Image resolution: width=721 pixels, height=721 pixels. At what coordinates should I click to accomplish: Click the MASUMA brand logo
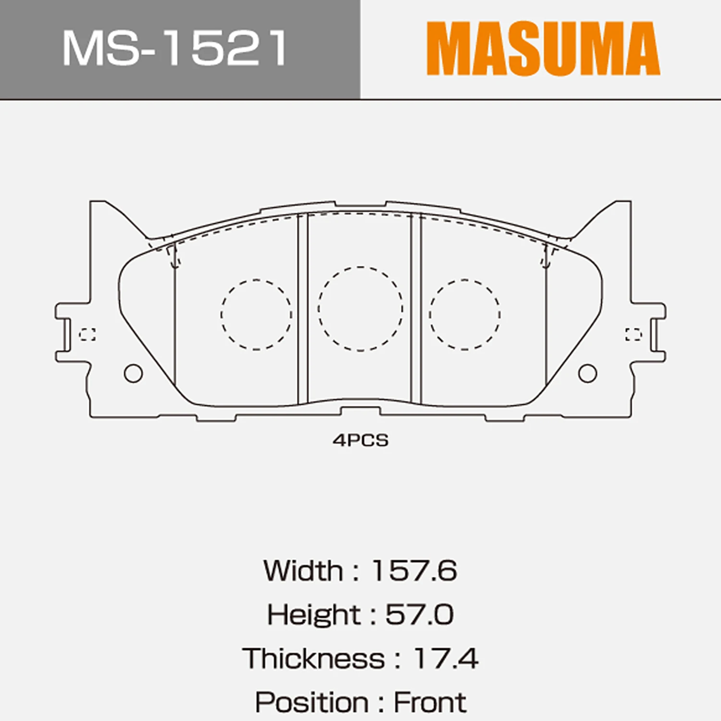click(543, 48)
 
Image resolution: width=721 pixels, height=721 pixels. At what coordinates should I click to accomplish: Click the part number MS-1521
click(175, 48)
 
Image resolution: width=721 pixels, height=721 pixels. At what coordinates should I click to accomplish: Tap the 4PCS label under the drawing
click(360, 440)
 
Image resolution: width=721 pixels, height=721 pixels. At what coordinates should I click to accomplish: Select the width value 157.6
click(414, 571)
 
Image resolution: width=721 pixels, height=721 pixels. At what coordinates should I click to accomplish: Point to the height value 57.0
click(419, 614)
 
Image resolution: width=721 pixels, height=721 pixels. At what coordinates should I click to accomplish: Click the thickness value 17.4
click(446, 659)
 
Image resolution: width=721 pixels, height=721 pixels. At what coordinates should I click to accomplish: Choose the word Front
click(430, 702)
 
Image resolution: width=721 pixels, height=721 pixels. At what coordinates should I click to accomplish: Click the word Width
click(303, 571)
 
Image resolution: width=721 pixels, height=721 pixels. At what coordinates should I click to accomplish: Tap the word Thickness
click(313, 659)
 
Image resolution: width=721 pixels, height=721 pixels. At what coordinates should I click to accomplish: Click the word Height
click(313, 614)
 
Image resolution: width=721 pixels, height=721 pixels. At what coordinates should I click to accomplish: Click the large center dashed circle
click(360, 309)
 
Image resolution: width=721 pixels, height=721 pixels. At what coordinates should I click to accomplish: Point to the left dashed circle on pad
click(256, 314)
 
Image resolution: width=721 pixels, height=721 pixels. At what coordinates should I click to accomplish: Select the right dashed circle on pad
click(465, 314)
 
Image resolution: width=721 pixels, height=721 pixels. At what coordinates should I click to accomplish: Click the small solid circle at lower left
click(133, 373)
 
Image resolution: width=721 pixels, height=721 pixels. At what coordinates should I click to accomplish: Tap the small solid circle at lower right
click(587, 373)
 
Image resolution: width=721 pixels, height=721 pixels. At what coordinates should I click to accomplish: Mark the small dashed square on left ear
click(87, 335)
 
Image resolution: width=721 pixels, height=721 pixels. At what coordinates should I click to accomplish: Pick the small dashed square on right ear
click(634, 335)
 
